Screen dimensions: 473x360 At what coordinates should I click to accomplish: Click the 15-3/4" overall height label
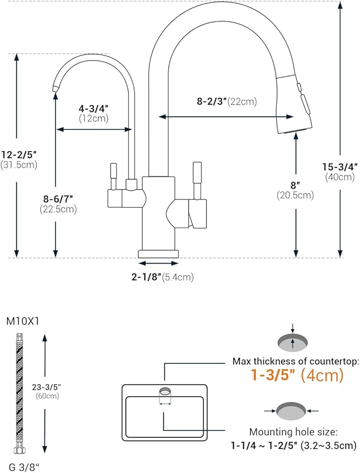click(340, 167)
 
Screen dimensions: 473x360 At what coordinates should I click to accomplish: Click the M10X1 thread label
click(21, 321)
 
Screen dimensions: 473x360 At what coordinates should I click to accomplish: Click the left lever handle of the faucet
click(113, 175)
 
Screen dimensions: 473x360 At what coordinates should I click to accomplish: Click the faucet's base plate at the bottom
click(159, 253)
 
